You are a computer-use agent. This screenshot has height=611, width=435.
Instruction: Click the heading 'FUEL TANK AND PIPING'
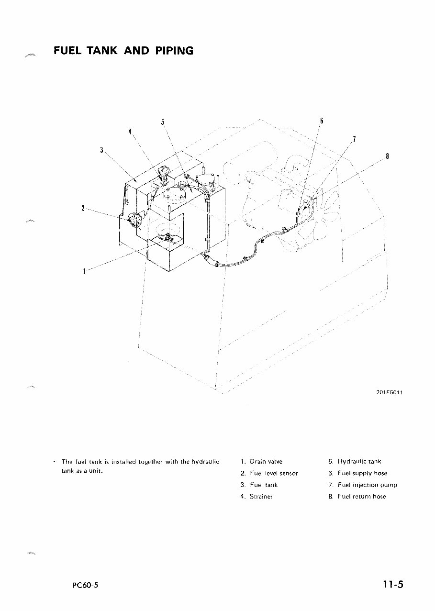123,50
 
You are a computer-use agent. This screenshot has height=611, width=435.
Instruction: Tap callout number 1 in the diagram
84,271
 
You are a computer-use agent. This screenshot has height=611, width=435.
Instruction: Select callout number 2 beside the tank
83,208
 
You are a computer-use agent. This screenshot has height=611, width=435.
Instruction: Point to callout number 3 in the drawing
101,149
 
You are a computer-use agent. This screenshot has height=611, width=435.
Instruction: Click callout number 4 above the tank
130,132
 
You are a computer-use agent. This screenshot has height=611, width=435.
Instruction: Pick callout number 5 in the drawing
163,122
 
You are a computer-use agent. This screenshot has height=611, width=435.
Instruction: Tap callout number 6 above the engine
322,121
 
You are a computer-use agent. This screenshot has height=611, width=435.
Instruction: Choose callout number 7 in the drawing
354,139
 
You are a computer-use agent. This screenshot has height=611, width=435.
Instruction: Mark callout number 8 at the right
387,156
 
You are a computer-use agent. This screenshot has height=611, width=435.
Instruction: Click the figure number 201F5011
390,393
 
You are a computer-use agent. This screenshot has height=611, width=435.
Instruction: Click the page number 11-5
393,584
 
